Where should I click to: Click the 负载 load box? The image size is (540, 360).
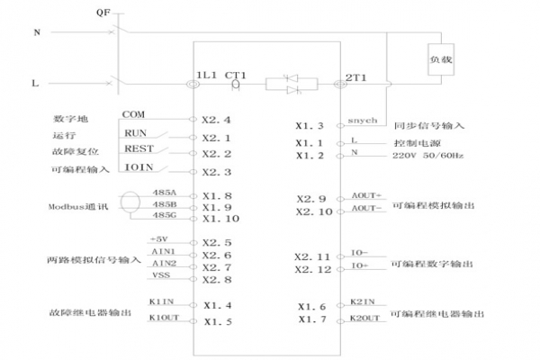click(x=441, y=56)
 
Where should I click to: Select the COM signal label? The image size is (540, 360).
click(x=134, y=114)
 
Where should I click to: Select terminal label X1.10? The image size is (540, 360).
click(x=221, y=219)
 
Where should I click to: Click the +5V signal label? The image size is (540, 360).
click(x=159, y=239)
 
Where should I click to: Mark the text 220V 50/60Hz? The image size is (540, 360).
click(x=427, y=156)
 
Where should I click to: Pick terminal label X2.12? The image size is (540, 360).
click(x=313, y=269)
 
